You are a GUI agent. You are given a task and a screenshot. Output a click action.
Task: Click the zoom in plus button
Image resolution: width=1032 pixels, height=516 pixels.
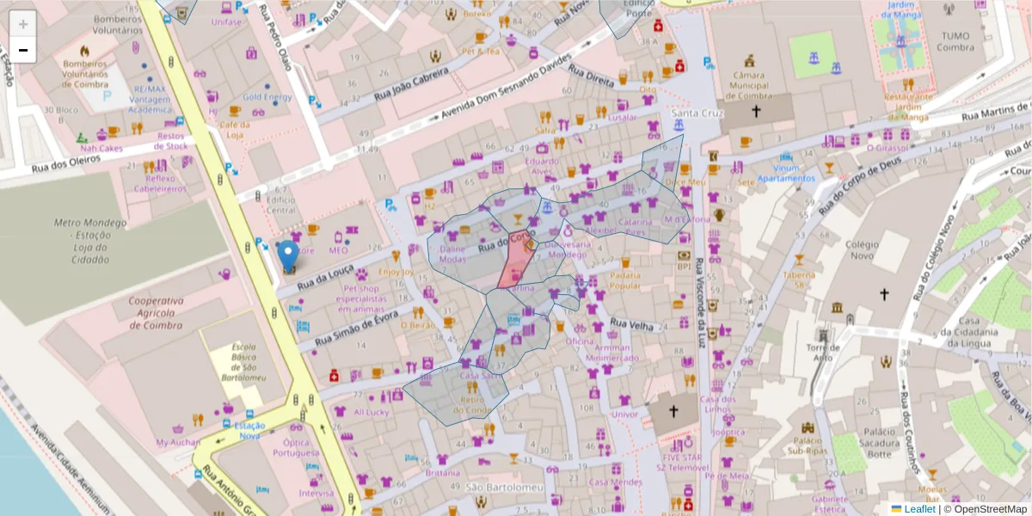click(x=23, y=23)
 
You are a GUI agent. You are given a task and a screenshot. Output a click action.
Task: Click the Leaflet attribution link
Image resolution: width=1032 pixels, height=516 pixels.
click(x=919, y=509)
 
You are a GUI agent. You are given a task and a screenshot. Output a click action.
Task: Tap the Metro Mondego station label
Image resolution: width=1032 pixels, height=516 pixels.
click(x=91, y=241)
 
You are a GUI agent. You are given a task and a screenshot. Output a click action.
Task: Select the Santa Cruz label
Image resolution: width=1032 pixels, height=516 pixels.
click(x=697, y=114)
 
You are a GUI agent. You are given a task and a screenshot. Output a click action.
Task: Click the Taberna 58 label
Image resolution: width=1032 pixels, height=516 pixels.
click(x=799, y=280)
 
